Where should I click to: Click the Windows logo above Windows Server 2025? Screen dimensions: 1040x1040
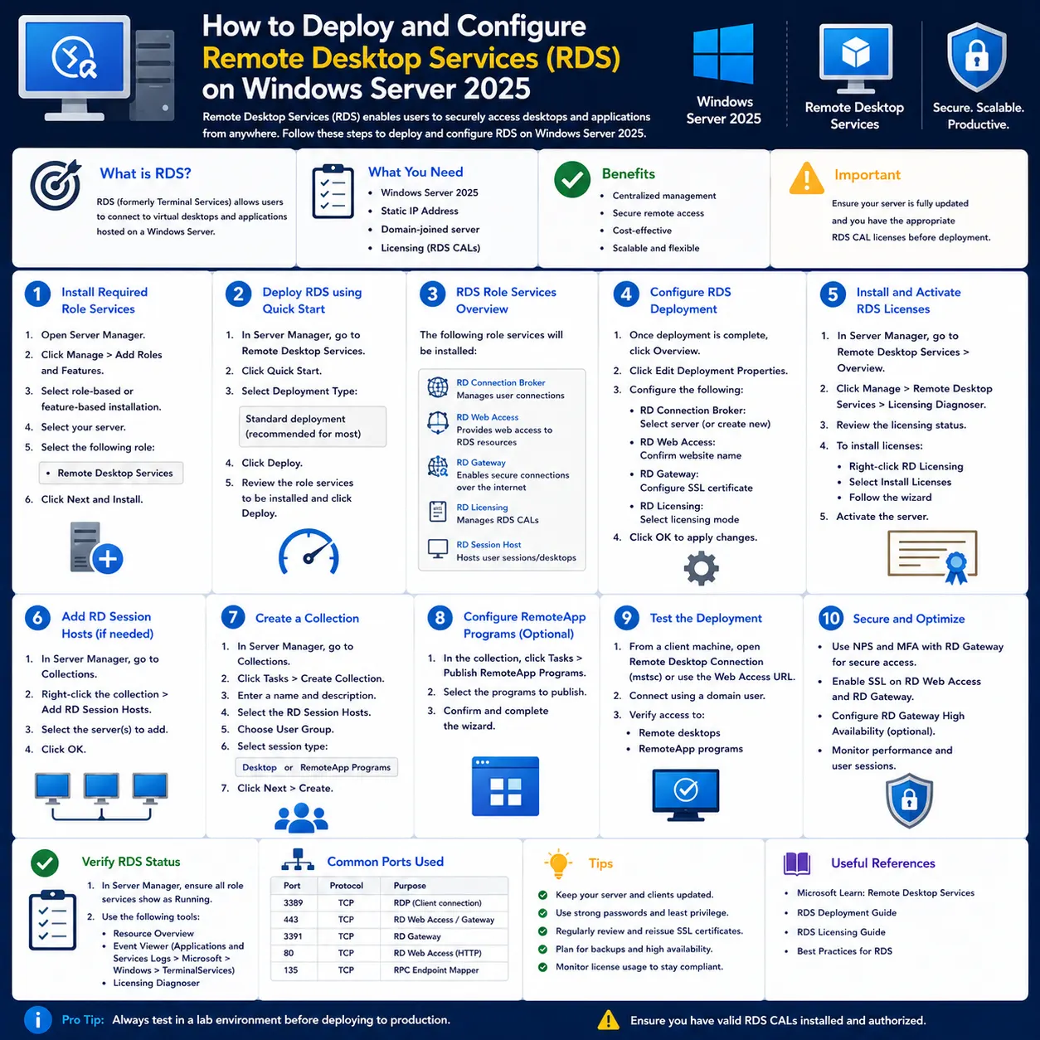point(723,53)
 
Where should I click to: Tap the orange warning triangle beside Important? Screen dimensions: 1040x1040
point(806,178)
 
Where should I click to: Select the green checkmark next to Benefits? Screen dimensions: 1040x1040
point(572,179)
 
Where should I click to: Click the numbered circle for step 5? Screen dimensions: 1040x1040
point(833,294)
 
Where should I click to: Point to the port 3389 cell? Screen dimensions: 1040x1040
point(293,902)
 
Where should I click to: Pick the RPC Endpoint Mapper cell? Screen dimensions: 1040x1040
point(436,970)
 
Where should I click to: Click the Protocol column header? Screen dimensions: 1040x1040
point(347,886)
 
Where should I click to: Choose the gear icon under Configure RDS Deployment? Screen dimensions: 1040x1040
point(701,568)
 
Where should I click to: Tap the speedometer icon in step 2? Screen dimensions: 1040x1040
point(309,552)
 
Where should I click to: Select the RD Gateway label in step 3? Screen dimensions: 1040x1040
point(481,463)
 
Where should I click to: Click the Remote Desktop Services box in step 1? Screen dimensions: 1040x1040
point(110,473)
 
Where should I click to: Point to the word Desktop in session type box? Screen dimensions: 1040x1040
point(259,767)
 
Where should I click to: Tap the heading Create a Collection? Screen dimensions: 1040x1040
point(307,618)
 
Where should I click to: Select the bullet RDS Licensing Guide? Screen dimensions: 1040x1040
point(841,932)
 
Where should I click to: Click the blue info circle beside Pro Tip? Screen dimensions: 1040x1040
point(38,1020)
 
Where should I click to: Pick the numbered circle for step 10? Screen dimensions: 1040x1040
point(831,618)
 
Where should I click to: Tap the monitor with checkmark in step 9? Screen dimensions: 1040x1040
point(685,794)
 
